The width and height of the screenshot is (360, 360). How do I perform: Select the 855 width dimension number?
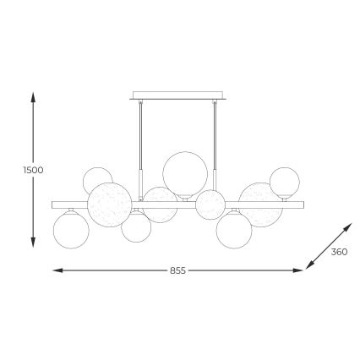point(177,270)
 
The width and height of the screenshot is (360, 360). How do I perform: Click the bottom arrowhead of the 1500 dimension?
point(33,241)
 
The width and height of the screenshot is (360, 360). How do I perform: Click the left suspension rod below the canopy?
point(140,135)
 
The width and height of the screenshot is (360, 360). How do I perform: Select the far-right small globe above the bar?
point(283,182)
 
